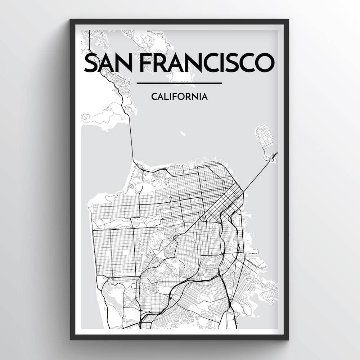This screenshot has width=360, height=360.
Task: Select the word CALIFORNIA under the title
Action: point(179,96)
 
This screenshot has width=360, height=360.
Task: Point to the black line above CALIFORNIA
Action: point(179,84)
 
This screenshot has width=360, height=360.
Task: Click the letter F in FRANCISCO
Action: point(144,63)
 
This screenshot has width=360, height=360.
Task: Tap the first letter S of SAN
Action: point(90,63)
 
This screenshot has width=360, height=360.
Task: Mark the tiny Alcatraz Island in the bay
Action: point(183,134)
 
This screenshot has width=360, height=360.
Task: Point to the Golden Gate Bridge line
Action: point(131,137)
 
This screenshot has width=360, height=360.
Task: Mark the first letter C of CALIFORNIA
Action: point(154,96)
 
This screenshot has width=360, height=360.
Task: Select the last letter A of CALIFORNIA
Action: point(204,96)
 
